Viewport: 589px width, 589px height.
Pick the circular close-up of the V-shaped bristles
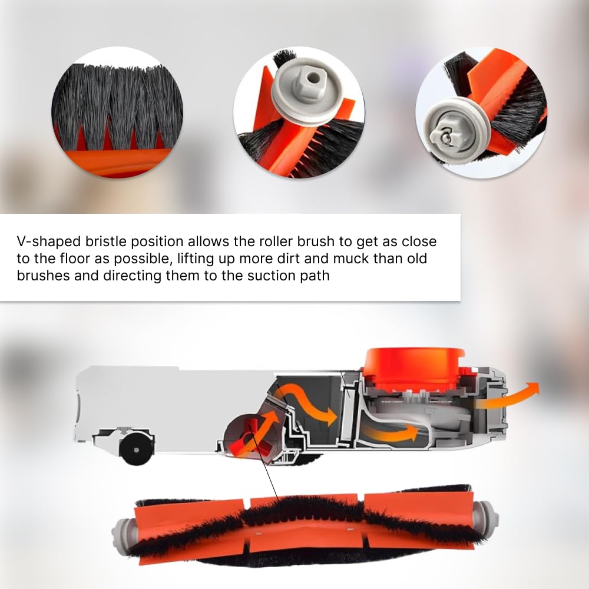[x=113, y=112]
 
